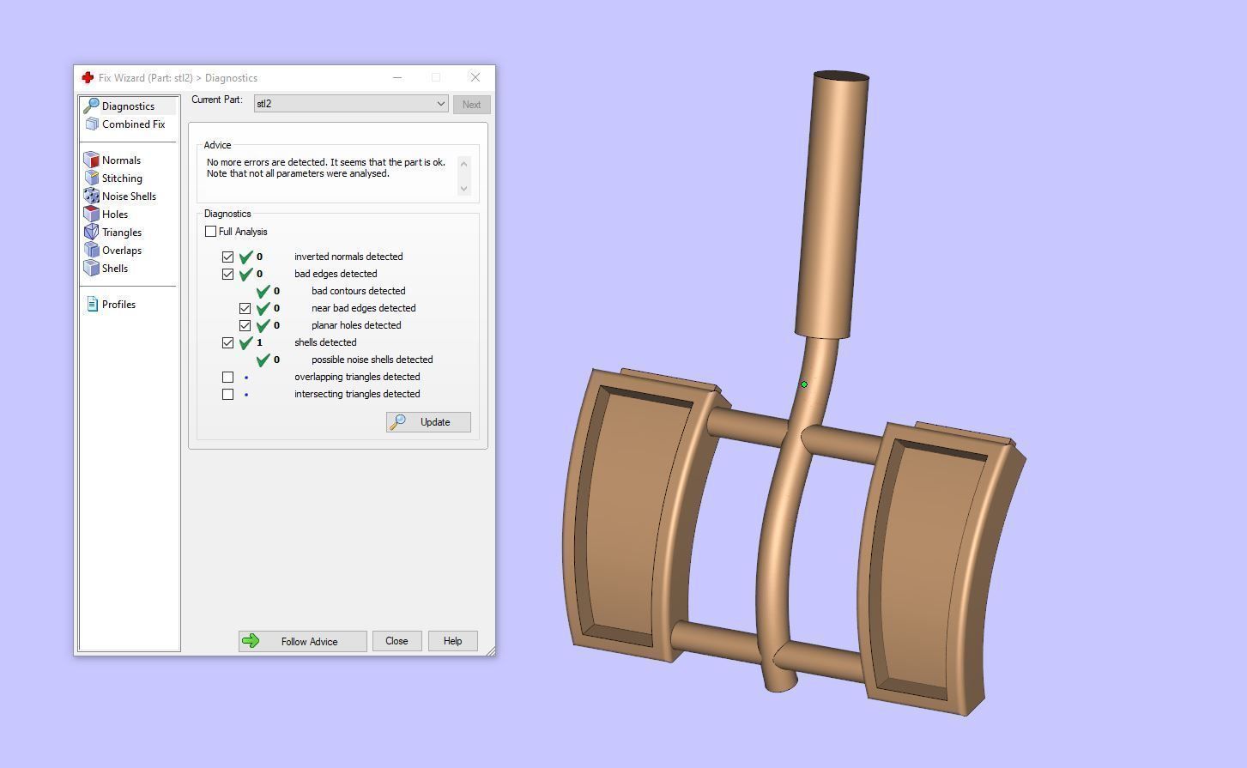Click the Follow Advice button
tap(302, 641)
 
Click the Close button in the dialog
tap(396, 641)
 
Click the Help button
tap(452, 641)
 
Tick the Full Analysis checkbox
tap(211, 232)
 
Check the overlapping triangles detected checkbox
tap(227, 377)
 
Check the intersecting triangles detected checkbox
tap(227, 394)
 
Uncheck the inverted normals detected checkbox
tap(227, 257)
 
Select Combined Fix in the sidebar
tap(133, 124)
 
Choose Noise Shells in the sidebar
tap(129, 197)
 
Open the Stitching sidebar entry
tap(122, 178)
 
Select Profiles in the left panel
tap(118, 305)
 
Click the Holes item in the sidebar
tap(115, 215)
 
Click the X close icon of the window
tap(475, 77)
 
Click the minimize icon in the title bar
tap(397, 77)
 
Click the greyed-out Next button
tap(471, 105)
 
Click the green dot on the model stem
tap(804, 384)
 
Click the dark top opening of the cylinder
tap(841, 77)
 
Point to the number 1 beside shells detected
tap(259, 342)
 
